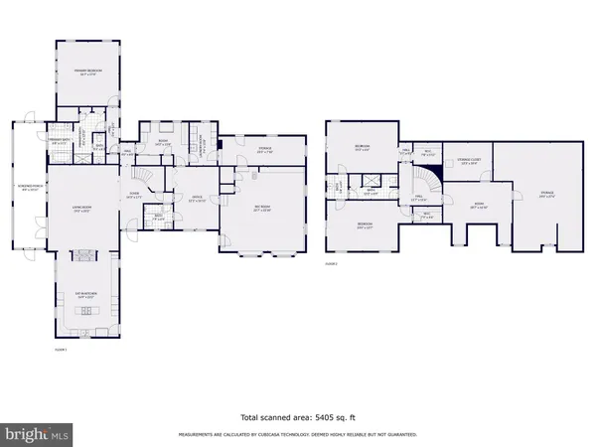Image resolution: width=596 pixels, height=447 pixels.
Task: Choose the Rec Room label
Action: click(x=263, y=210)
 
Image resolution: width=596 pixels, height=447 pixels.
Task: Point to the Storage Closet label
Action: click(x=463, y=161)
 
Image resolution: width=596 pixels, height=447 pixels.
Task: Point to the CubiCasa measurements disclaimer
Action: click(x=297, y=435)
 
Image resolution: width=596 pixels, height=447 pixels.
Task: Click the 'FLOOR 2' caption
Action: click(x=332, y=264)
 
